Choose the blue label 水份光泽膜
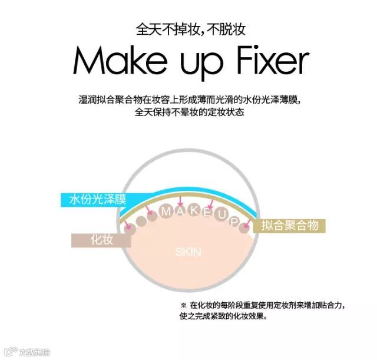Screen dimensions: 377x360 tap(98, 199)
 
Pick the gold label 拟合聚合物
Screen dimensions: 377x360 tap(290, 226)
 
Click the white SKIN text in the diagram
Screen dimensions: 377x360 tap(188, 253)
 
